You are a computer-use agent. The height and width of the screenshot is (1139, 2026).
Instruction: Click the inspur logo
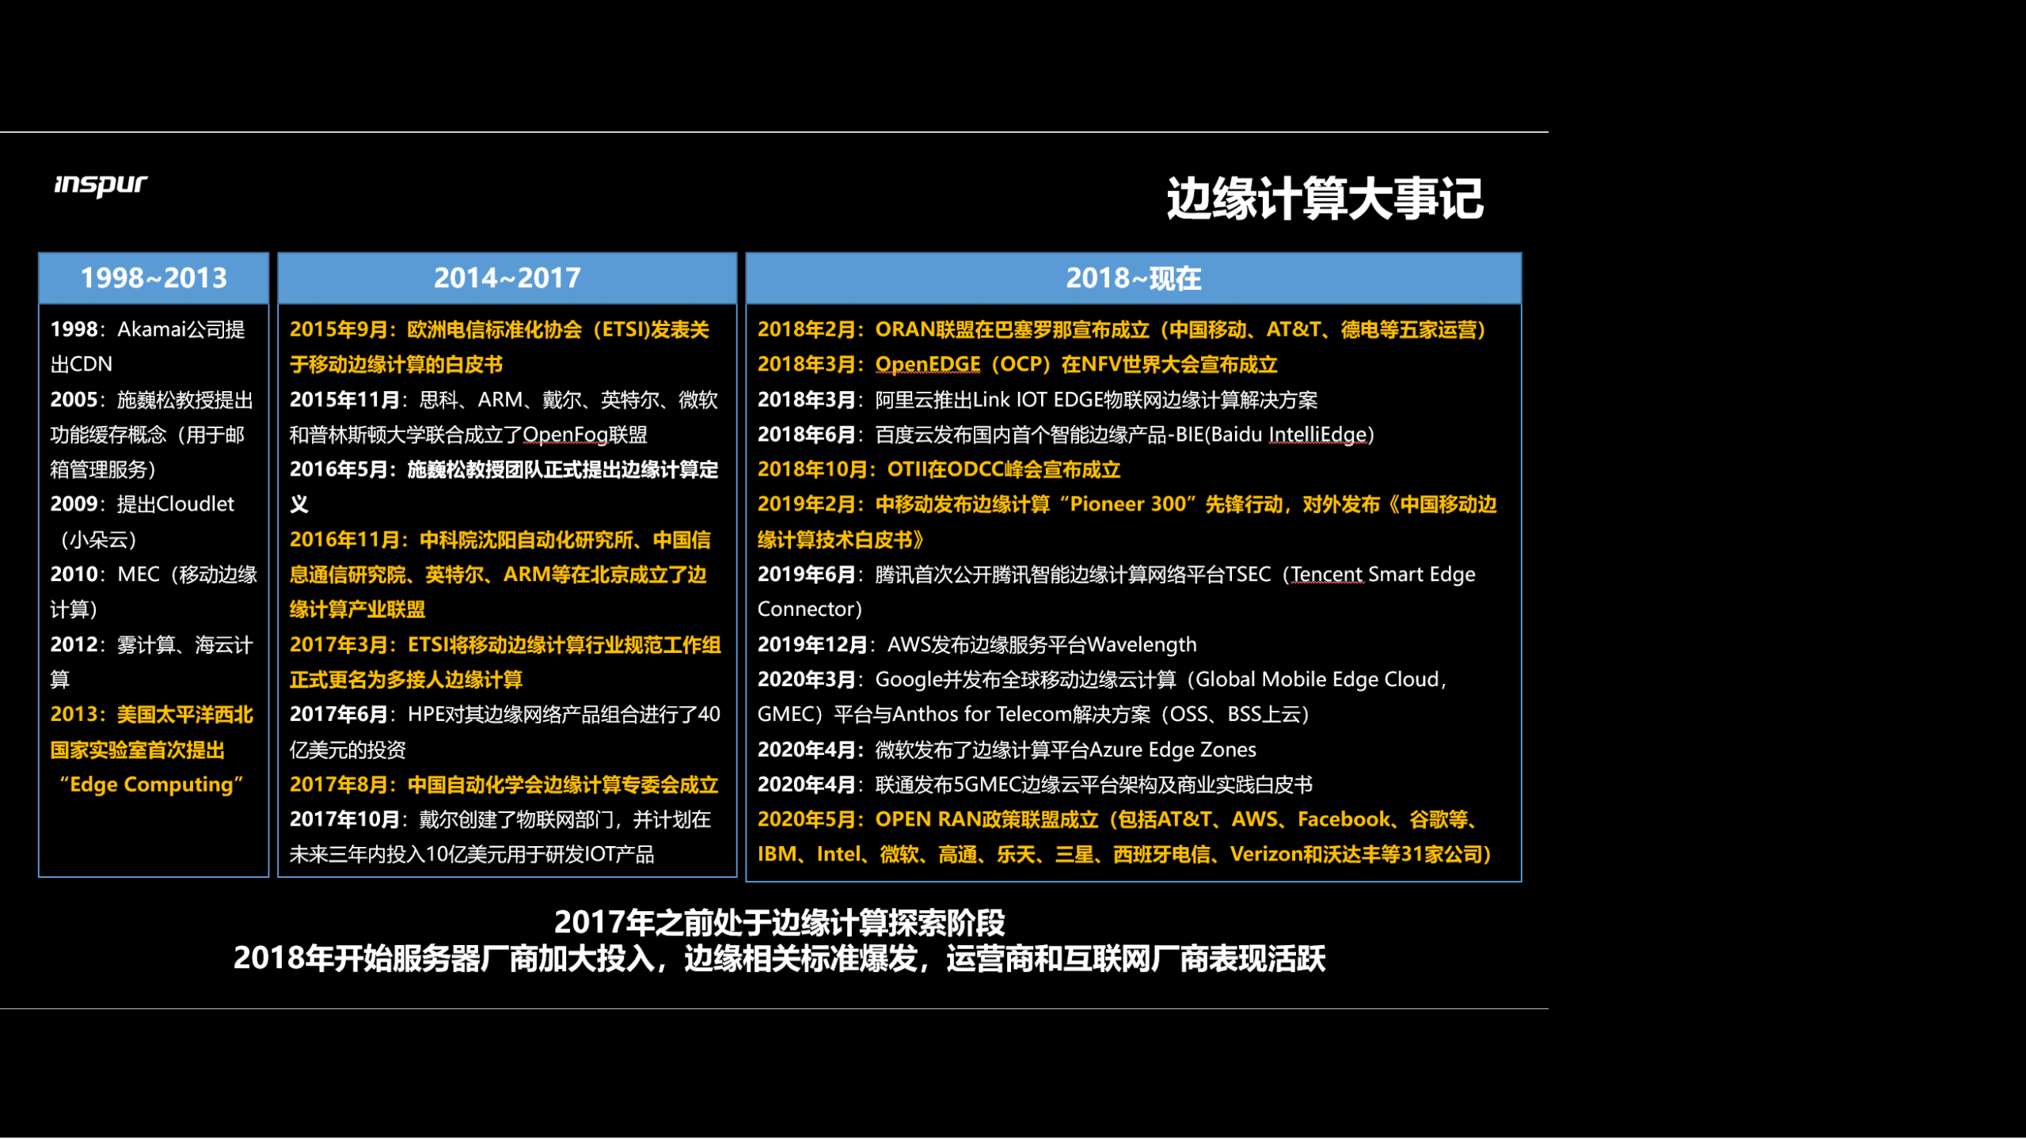[101, 184]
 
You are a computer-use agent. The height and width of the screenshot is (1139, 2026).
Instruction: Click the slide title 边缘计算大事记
[1324, 198]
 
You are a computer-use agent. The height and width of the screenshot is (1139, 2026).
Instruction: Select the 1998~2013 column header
[154, 278]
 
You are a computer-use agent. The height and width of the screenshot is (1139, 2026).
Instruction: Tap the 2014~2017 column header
[507, 278]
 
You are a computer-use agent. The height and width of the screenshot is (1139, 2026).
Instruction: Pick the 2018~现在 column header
[1133, 278]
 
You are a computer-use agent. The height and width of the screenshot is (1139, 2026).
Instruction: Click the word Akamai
[149, 329]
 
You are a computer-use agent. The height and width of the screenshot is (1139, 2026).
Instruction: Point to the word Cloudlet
[195, 504]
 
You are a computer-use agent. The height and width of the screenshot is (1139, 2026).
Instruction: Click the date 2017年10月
[344, 819]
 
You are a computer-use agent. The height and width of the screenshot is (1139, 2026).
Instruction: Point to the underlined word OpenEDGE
[927, 364]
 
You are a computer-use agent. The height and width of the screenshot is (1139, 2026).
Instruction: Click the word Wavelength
[1141, 644]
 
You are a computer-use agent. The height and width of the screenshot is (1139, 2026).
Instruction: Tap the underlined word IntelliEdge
[1317, 435]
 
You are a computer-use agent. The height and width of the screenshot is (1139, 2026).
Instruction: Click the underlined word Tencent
[1327, 574]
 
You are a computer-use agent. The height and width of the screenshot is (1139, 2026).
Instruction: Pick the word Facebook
[1344, 819]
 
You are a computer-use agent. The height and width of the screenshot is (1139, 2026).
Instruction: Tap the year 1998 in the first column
[74, 329]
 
